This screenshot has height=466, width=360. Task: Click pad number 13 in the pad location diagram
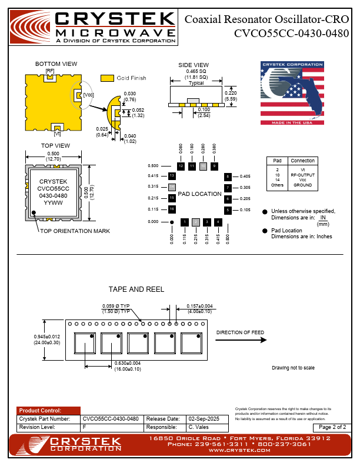pos(172,176)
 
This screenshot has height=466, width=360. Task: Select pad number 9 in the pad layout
pos(214,166)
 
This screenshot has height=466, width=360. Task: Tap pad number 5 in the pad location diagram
pos(228,210)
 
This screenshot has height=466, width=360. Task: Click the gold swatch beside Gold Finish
pos(107,78)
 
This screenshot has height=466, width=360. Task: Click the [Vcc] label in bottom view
pos(88,95)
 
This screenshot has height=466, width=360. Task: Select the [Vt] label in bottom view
pos(57,134)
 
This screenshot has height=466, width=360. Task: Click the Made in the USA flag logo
pos(292,92)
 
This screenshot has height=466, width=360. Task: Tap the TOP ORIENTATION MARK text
pos(75,231)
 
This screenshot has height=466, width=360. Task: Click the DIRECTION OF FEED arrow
pos(240,339)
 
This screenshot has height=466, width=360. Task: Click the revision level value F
pos(84,427)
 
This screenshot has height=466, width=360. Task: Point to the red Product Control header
pos(48,411)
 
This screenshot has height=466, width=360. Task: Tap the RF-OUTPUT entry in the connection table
pos(302,174)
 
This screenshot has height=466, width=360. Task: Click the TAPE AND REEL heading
pos(136,289)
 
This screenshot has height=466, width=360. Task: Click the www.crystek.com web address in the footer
pos(239,451)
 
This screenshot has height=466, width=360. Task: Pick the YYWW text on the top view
pos(53,202)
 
